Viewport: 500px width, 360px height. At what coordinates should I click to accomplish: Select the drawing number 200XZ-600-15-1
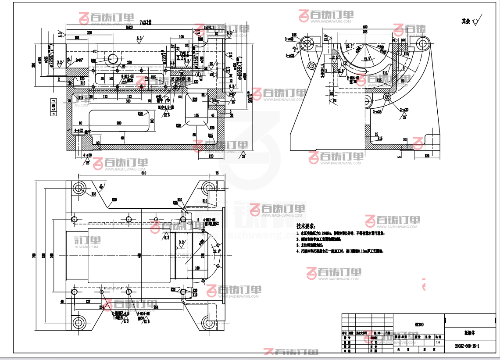467,346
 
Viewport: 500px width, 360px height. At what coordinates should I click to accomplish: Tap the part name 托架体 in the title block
467,333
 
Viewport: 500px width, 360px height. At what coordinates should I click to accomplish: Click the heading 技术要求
306,227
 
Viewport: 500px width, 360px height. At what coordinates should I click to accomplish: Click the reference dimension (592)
129,28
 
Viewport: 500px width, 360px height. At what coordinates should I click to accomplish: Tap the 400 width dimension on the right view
365,27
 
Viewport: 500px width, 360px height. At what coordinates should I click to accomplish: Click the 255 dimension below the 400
365,32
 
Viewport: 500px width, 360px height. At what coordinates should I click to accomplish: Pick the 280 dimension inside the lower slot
118,123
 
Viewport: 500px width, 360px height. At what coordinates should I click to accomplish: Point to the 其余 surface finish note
465,21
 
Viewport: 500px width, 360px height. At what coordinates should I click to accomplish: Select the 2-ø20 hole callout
404,110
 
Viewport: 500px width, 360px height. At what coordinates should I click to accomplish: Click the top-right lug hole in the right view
423,43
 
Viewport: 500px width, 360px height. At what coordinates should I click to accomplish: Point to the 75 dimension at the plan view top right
217,174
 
